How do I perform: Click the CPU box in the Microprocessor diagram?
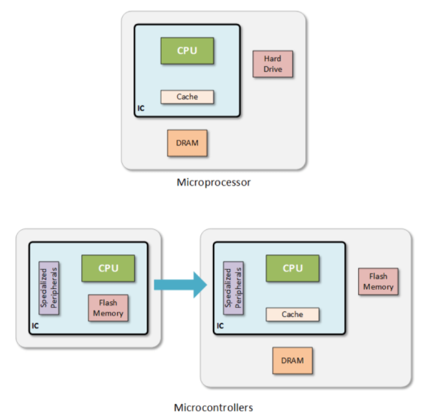click(187, 51)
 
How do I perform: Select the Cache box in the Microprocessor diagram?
click(187, 97)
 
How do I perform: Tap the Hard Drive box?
click(273, 64)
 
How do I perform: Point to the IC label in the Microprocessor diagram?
click(141, 108)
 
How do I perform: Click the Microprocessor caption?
click(214, 183)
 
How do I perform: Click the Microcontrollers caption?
click(214, 408)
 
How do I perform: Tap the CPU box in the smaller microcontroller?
click(108, 268)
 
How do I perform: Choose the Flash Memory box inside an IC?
click(108, 309)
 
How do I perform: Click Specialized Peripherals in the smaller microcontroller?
click(49, 289)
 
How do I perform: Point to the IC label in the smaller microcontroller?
click(35, 325)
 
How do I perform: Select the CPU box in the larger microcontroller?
click(293, 268)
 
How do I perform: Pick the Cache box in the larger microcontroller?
click(293, 314)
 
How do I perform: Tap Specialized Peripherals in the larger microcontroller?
click(232, 289)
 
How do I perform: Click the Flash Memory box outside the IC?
click(378, 281)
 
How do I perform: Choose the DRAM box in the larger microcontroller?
click(293, 360)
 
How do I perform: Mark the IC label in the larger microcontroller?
click(220, 325)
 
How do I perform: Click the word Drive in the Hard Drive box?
click(273, 69)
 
